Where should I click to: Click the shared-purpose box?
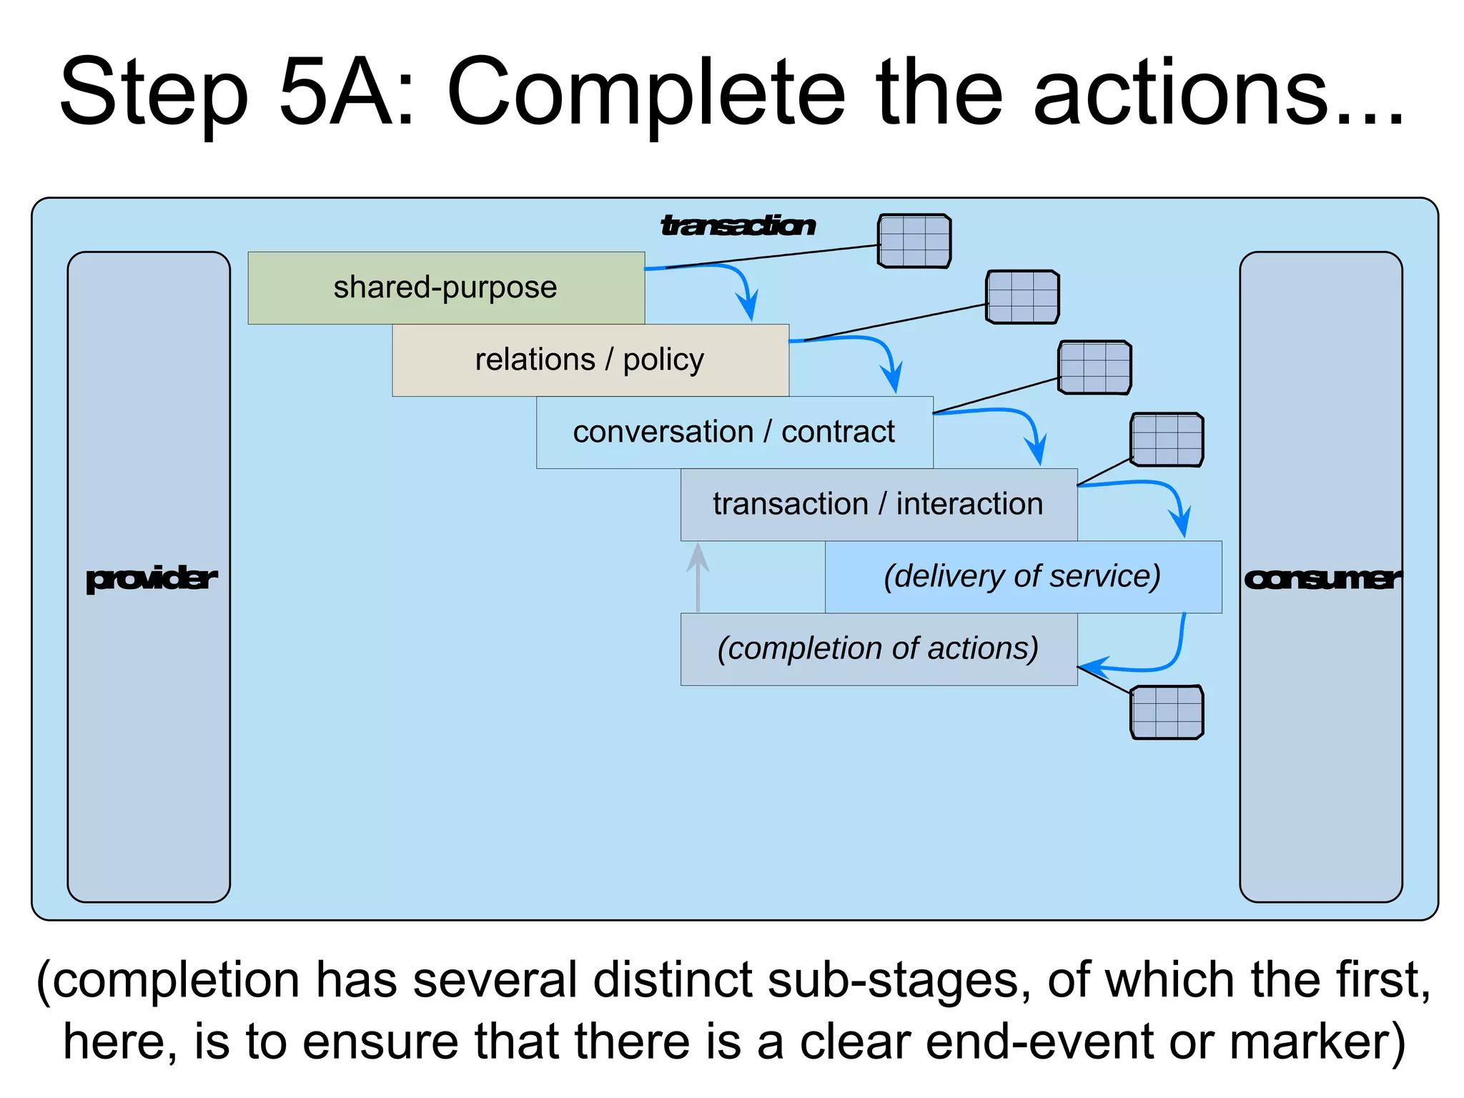coord(446,287)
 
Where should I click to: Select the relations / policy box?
coord(590,360)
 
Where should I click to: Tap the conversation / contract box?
coord(734,432)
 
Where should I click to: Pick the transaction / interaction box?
coord(879,504)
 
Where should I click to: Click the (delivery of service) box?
coord(1023,576)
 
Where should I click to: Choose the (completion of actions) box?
coord(879,648)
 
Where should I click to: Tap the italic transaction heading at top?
coord(737,225)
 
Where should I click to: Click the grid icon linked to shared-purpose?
coord(914,241)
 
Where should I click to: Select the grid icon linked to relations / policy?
coord(1022,297)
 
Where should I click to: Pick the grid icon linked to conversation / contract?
coord(1094,367)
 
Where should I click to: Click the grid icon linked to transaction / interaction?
coord(1167,440)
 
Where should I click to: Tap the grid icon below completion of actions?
coord(1167,712)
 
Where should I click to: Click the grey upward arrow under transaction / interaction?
coord(698,575)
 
